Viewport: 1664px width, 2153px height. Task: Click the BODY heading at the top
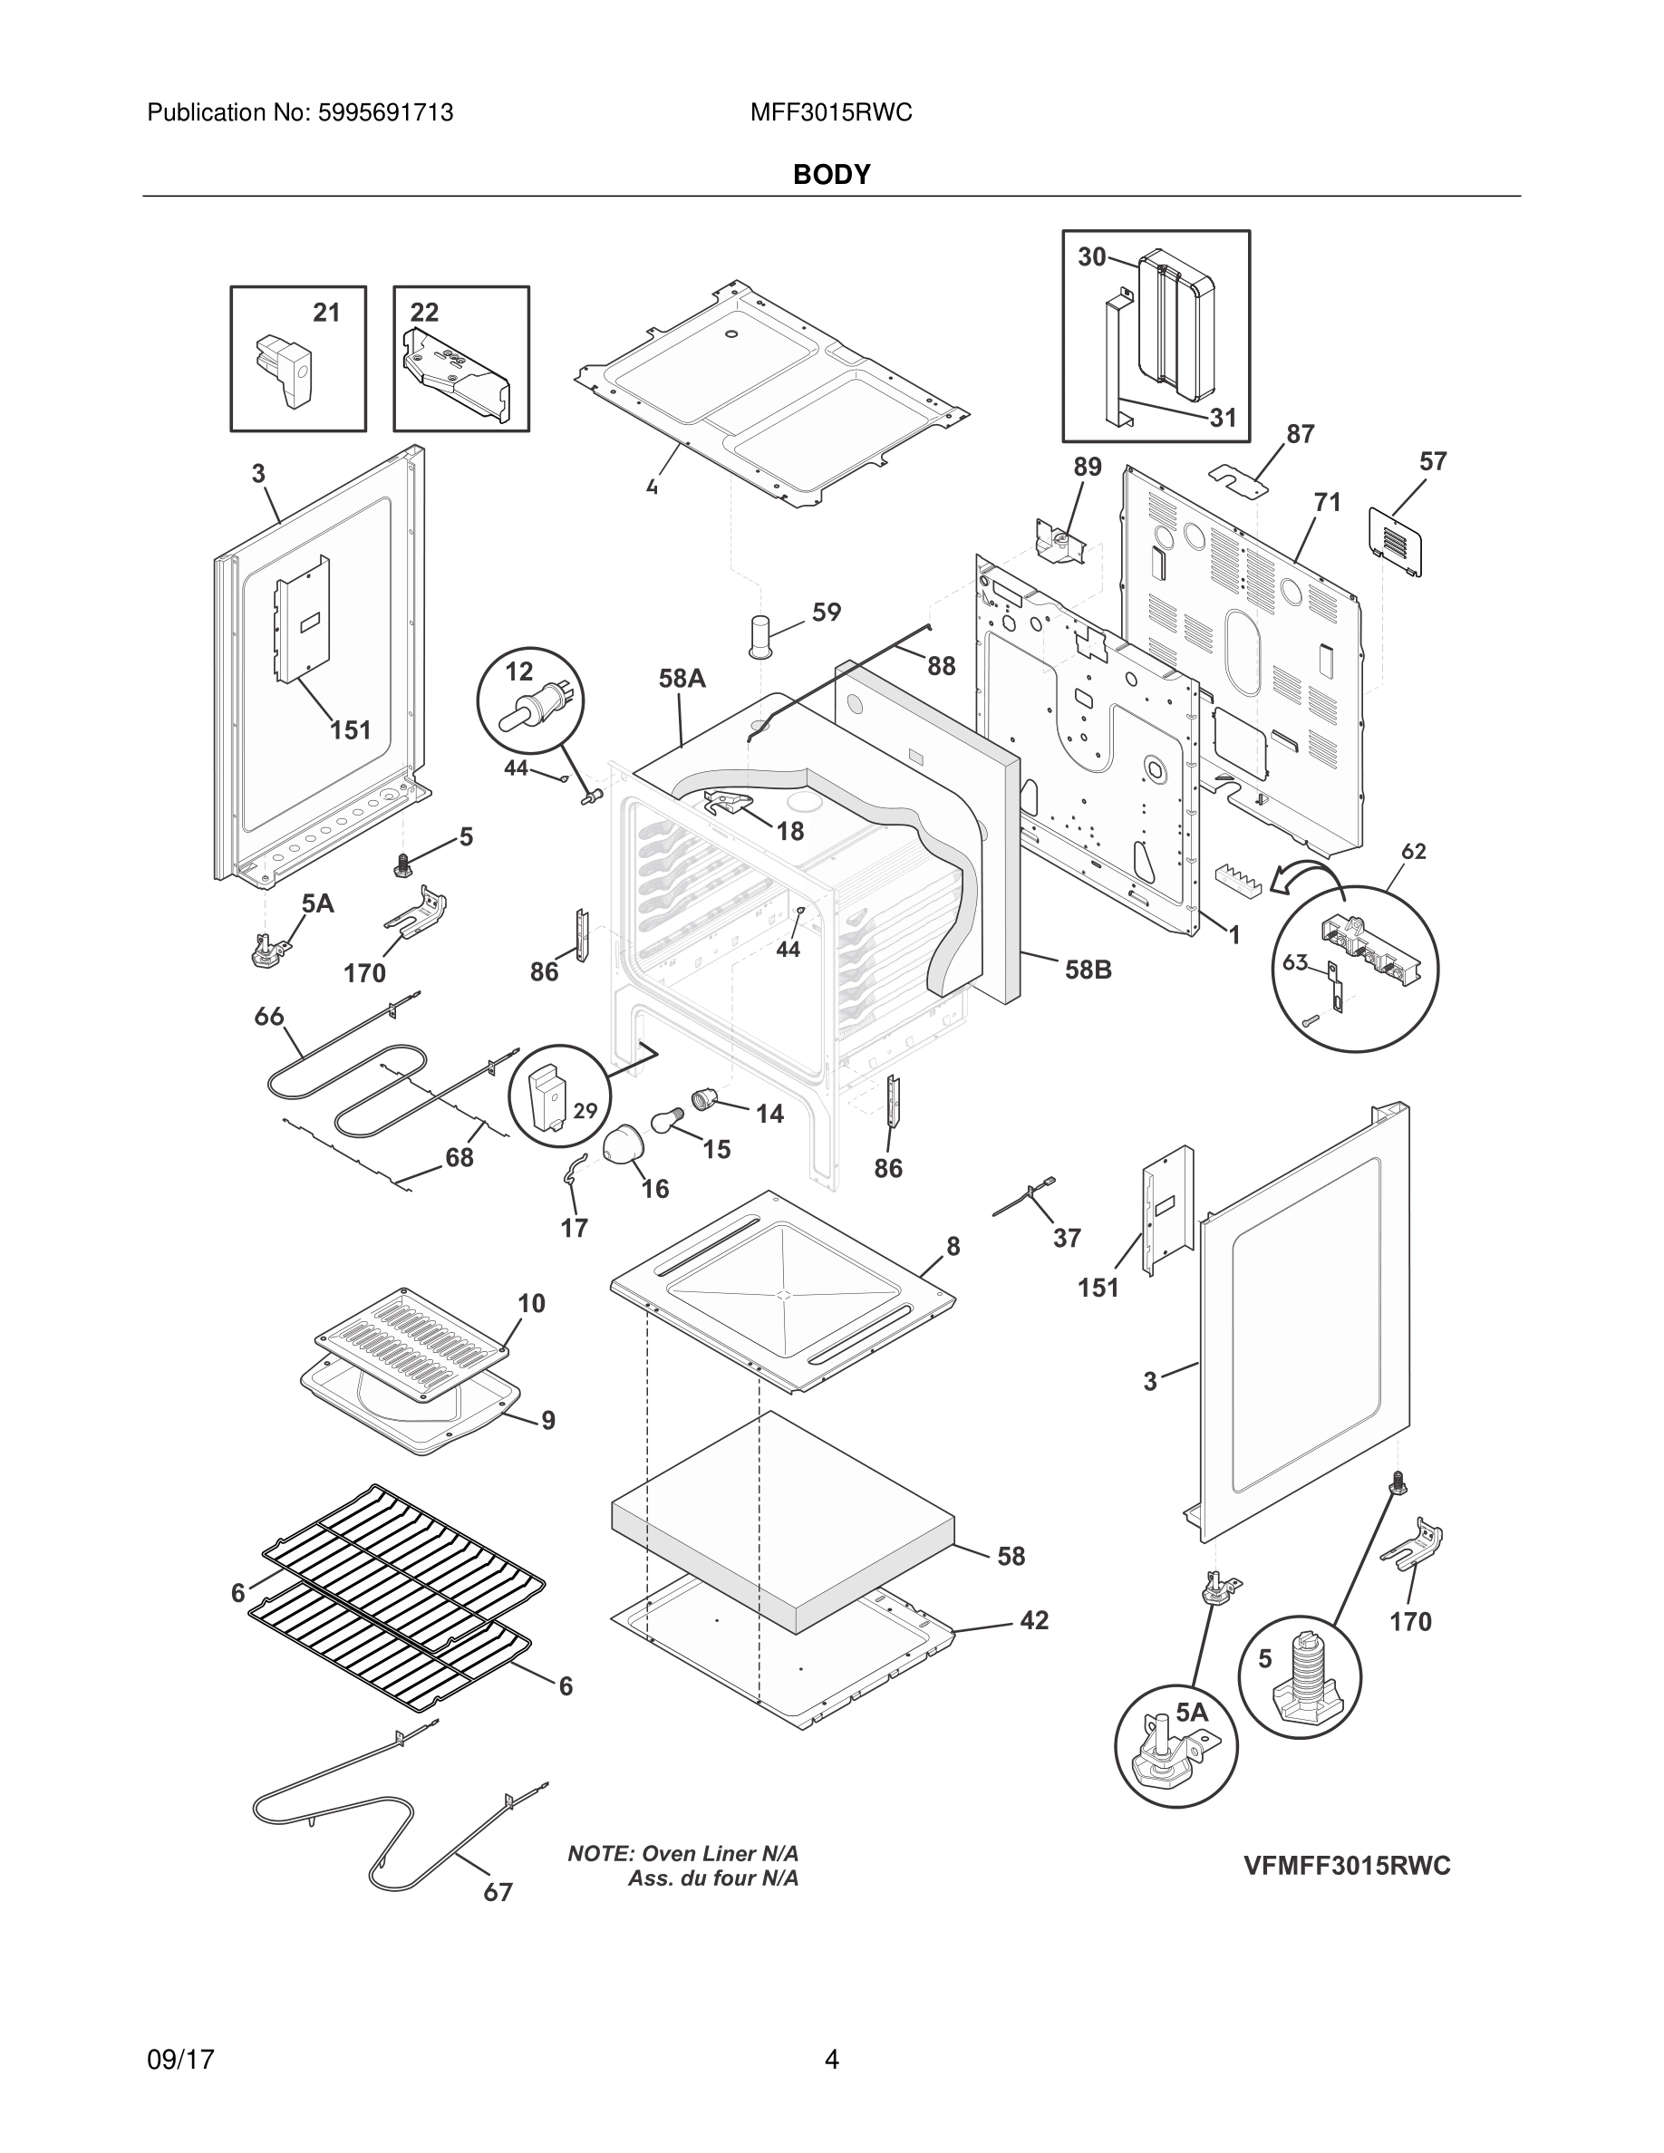point(831,175)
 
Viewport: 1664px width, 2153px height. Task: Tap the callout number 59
point(826,613)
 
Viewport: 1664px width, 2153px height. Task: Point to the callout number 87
point(1301,434)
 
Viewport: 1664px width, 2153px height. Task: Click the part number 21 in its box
point(326,313)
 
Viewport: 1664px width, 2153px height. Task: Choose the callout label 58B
point(1088,970)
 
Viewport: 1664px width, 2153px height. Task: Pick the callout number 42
point(1034,1619)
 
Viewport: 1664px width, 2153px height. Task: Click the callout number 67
point(498,1892)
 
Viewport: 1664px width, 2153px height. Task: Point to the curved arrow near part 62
point(1305,876)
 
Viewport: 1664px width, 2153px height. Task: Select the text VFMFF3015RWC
point(1347,1865)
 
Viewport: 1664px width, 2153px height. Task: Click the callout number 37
point(1067,1238)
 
